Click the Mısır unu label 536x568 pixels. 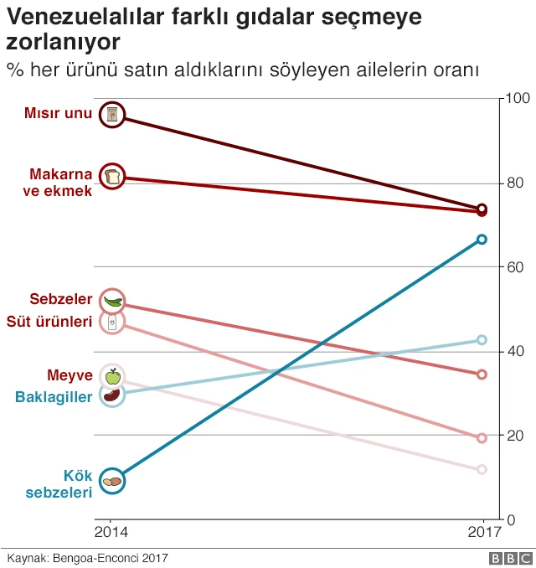pyautogui.click(x=59, y=114)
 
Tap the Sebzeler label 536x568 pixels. pyautogui.click(x=60, y=299)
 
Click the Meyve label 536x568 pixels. pyautogui.click(x=70, y=374)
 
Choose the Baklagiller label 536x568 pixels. pyautogui.click(x=54, y=396)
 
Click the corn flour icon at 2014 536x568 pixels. pyautogui.click(x=112, y=115)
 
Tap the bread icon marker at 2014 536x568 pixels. pyautogui.click(x=112, y=176)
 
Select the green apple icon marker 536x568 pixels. pyautogui.click(x=112, y=376)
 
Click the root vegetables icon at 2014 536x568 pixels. pyautogui.click(x=112, y=481)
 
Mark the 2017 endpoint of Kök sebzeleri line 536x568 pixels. pyautogui.click(x=482, y=240)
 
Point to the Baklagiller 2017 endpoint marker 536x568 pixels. pyautogui.click(x=482, y=340)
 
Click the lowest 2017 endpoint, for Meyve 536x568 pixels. pyautogui.click(x=482, y=470)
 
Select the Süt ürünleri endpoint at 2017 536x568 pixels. pyautogui.click(x=482, y=438)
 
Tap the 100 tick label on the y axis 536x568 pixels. pyautogui.click(x=514, y=99)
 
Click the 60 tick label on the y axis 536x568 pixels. pyautogui.click(x=511, y=267)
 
